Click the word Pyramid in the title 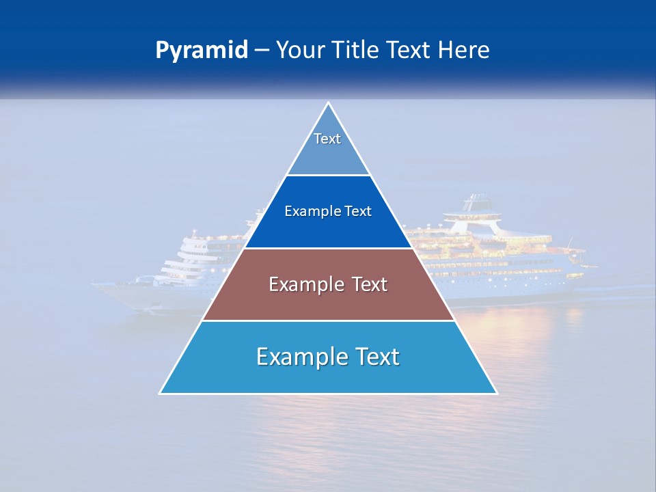(202, 51)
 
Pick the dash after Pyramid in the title (262, 51)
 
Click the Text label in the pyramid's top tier (327, 139)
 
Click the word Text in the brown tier (370, 284)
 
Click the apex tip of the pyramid (328, 103)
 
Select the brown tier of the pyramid (328, 301)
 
